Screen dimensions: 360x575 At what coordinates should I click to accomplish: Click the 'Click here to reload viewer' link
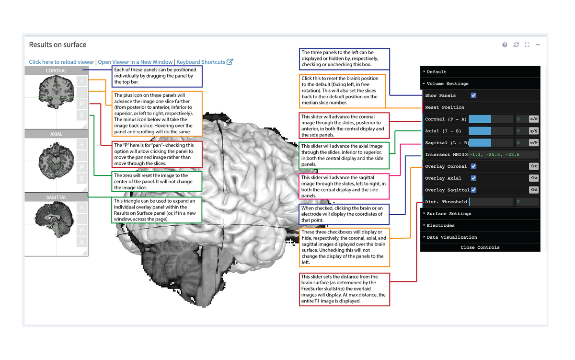pos(61,62)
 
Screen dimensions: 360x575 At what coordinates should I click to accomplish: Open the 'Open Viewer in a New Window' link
pos(135,62)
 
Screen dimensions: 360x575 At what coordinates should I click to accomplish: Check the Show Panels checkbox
pos(473,95)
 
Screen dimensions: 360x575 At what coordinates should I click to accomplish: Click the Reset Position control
pos(445,107)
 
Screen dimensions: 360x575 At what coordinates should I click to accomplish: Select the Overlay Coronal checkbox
pos(473,166)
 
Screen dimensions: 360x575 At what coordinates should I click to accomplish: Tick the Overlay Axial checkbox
pos(473,178)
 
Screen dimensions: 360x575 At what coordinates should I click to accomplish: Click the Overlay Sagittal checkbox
pos(473,190)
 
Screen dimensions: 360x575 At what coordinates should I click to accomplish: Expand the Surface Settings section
pos(449,214)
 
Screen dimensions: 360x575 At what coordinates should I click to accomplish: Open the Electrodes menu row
pos(440,225)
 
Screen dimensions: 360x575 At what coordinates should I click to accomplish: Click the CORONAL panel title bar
pos(57,71)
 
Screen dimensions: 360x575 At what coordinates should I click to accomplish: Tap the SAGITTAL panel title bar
pos(57,197)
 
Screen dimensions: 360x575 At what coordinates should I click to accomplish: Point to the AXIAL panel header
pos(57,134)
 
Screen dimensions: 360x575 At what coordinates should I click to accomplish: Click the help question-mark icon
pos(505,45)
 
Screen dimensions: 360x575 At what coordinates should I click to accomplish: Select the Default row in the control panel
pos(437,72)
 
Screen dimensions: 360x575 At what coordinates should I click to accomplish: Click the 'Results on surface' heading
pos(57,45)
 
